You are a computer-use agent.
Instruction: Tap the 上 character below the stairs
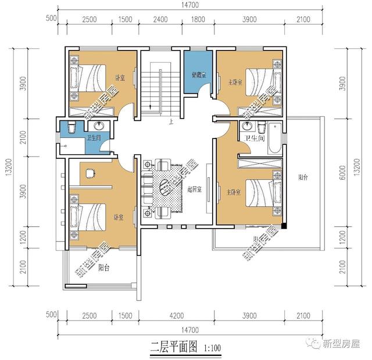click(x=171, y=123)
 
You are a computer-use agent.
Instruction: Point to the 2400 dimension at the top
click(x=160, y=19)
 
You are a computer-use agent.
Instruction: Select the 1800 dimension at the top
click(x=198, y=19)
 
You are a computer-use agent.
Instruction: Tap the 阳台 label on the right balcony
click(x=303, y=177)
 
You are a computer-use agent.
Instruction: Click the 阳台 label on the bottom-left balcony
click(x=104, y=268)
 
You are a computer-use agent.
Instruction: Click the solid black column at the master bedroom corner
click(x=284, y=226)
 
